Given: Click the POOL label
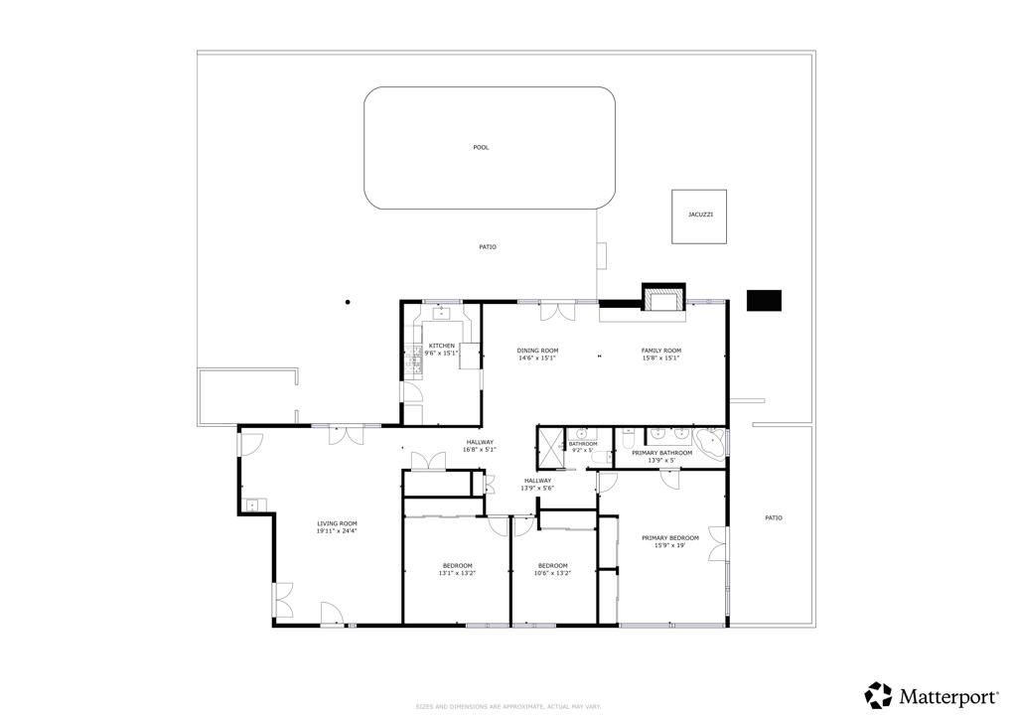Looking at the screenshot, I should (x=481, y=148).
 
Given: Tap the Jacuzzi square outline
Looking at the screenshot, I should (x=699, y=216).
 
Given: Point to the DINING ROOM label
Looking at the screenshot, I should (x=537, y=354).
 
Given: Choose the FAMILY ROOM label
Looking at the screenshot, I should (x=660, y=354).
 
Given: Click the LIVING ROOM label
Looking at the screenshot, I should (x=337, y=527).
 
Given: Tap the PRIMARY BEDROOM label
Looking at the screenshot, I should (x=676, y=541).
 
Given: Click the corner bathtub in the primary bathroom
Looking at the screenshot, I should (x=711, y=442).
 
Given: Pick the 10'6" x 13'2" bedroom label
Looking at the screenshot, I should (x=552, y=569).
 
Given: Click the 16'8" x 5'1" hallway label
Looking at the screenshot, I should (x=480, y=446).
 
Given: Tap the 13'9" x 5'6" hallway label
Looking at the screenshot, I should (x=537, y=484).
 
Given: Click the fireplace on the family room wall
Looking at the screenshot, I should (x=662, y=297).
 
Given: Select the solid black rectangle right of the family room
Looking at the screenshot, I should (x=764, y=300).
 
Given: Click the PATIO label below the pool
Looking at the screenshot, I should (x=487, y=246).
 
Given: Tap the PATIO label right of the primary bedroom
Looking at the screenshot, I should (x=773, y=517).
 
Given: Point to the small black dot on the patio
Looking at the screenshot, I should (x=348, y=302).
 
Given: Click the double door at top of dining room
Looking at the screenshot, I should (x=556, y=311).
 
